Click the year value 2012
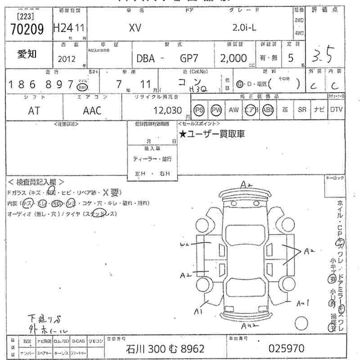67,58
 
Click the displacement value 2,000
233,58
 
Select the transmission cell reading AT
34,111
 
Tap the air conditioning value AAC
92,111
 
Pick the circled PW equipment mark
216,110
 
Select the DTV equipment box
336,110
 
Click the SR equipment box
301,110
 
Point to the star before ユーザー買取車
183,134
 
